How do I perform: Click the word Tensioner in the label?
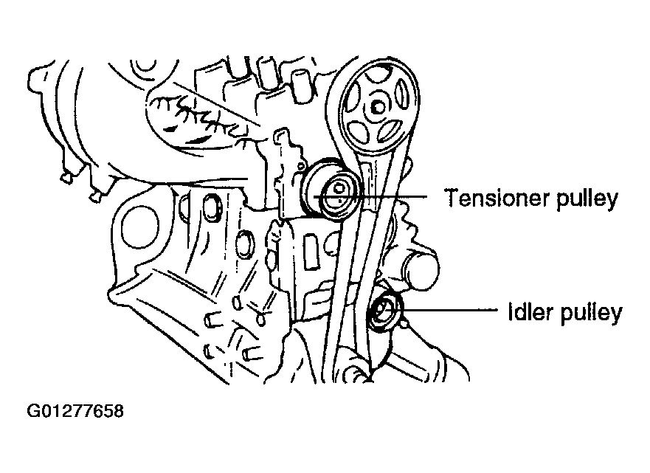pos(496,198)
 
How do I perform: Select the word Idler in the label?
pos(530,311)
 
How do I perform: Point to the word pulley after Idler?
pos(591,314)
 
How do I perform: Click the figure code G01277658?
pos(75,411)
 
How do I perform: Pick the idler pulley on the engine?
pos(385,311)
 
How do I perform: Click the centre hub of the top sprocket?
pos(378,108)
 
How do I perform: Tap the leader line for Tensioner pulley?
pos(370,196)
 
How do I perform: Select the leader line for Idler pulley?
pos(449,310)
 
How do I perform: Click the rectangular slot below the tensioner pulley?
pos(310,252)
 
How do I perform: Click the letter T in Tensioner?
pos(452,198)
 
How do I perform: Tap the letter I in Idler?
pos(511,311)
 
